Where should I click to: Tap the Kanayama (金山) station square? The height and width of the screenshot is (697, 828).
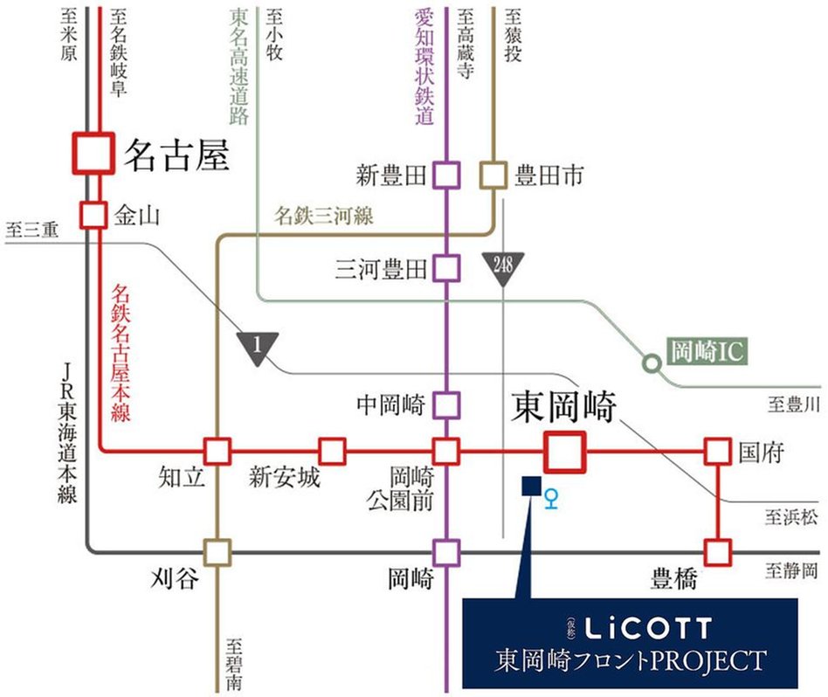click(93, 214)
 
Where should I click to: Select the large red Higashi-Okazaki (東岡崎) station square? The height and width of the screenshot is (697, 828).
click(563, 452)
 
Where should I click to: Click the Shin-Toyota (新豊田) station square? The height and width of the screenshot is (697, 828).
click(446, 176)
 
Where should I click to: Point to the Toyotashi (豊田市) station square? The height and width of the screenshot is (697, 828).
click(494, 176)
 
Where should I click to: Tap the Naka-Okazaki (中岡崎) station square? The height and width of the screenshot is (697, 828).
click(446, 404)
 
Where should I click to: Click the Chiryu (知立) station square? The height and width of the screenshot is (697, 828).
click(217, 452)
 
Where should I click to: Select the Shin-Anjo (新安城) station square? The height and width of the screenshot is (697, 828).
click(332, 452)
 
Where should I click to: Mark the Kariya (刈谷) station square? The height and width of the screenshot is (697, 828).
click(217, 552)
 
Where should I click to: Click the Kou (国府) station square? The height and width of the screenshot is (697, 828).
click(717, 452)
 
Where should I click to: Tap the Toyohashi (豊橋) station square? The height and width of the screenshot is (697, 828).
click(717, 552)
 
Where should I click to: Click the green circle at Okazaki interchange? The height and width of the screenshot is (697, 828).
click(651, 362)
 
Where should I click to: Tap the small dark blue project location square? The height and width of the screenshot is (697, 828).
click(529, 487)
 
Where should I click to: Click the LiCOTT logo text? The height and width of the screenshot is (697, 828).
click(648, 627)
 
